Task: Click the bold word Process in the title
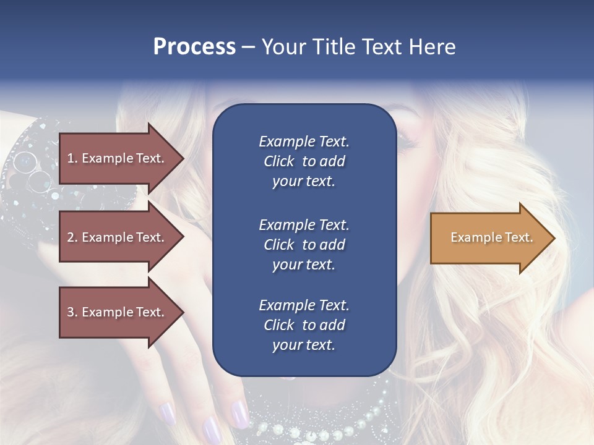[194, 47]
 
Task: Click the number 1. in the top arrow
[72, 158]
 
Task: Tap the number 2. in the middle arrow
[72, 237]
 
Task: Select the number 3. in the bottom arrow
[72, 312]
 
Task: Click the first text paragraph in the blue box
[304, 161]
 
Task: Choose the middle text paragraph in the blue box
[304, 245]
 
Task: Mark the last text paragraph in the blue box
[304, 325]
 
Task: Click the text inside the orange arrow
[491, 237]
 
